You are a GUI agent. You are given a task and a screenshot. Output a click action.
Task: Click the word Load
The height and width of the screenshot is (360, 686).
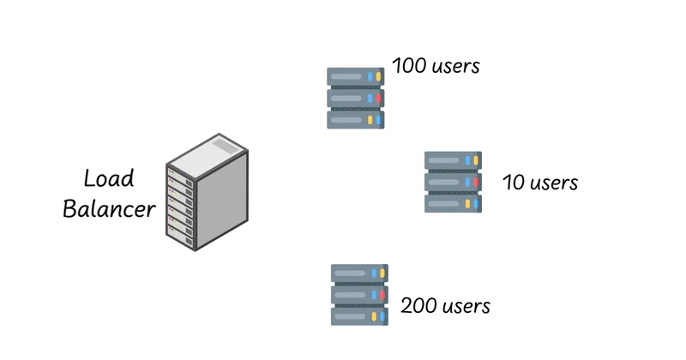click(109, 178)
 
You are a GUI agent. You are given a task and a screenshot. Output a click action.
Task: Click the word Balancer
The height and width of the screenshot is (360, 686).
click(109, 208)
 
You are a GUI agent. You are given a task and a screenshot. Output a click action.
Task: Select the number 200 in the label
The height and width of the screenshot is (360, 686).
click(420, 306)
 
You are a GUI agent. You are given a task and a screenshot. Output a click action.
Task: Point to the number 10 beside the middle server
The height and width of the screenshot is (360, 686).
click(512, 183)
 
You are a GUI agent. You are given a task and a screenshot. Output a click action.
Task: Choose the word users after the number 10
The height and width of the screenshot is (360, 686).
click(554, 183)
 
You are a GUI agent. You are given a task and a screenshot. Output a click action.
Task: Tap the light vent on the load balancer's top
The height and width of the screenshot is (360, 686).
click(222, 147)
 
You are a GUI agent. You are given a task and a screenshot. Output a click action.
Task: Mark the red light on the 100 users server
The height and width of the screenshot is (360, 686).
click(378, 99)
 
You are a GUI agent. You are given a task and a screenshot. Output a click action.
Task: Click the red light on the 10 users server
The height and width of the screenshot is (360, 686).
click(475, 182)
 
